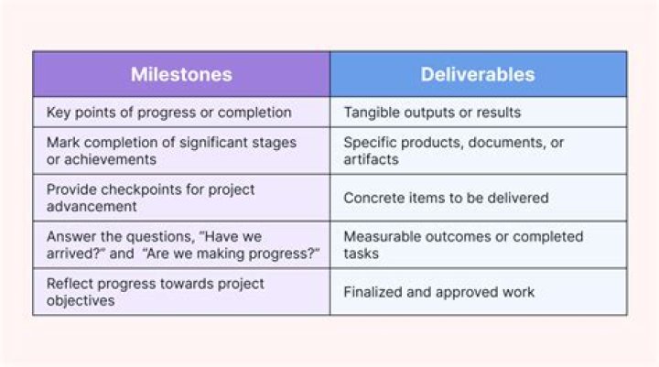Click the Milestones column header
[x=180, y=75]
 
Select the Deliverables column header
[x=478, y=75]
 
